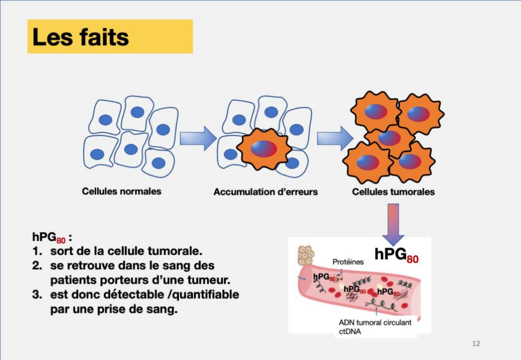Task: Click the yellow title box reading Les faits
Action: (x=110, y=37)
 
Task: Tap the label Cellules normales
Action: (x=122, y=191)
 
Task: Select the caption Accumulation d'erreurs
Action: (x=266, y=192)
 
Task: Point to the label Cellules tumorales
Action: (x=393, y=192)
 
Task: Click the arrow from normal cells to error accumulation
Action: (x=198, y=138)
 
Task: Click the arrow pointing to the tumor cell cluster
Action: (x=335, y=138)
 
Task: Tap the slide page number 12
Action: (x=476, y=343)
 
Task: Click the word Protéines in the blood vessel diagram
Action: (x=348, y=262)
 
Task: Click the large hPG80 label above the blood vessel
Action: (x=396, y=255)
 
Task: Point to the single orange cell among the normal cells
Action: (x=264, y=149)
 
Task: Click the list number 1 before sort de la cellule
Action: (x=37, y=251)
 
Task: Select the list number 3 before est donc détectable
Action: (x=37, y=294)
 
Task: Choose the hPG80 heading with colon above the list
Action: (x=52, y=237)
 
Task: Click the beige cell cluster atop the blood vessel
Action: (x=306, y=255)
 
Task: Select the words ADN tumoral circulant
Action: (x=375, y=322)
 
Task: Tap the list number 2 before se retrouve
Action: (x=37, y=266)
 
